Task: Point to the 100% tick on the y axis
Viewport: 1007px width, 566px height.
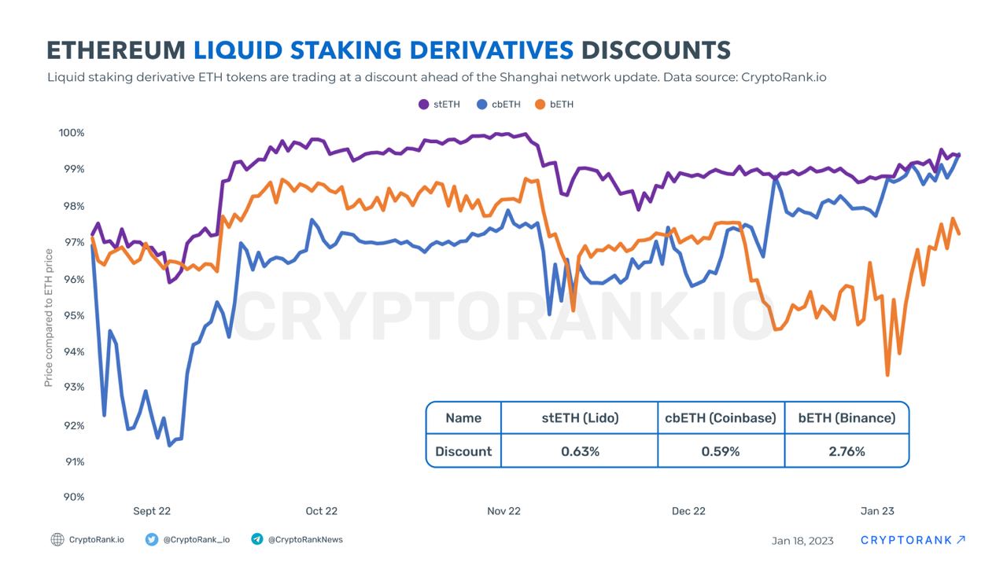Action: click(71, 133)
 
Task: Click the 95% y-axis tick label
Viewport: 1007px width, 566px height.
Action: click(73, 315)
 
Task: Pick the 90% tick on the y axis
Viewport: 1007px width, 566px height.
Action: click(73, 497)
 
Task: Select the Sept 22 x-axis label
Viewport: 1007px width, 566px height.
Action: click(152, 511)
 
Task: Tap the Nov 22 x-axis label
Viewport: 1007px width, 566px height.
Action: click(503, 511)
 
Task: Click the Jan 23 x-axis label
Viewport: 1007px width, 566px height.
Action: click(877, 511)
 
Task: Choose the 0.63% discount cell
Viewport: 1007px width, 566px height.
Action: click(580, 451)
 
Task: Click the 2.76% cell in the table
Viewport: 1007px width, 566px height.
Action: click(847, 451)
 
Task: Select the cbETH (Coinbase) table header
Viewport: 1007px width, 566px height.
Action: click(721, 418)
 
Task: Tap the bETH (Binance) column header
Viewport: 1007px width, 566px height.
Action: click(847, 418)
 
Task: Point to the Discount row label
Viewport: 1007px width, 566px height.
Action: click(463, 451)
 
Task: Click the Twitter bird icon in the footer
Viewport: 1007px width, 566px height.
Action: click(152, 539)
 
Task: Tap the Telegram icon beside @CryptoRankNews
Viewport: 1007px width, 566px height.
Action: click(256, 539)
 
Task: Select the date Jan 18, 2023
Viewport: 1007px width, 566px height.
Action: click(802, 540)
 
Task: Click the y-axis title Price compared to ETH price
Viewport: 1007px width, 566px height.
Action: click(49, 318)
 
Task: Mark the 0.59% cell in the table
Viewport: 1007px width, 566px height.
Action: click(721, 451)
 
